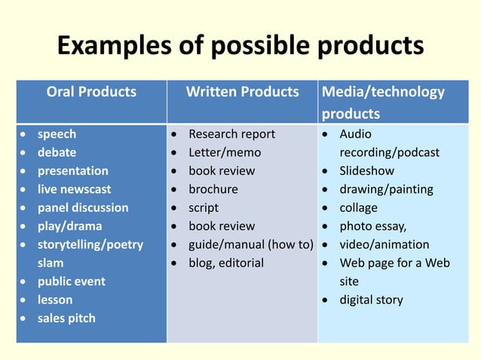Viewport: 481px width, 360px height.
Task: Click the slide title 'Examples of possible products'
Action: click(240, 46)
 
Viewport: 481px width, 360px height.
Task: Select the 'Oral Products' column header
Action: click(91, 93)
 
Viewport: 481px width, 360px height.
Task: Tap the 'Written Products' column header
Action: click(242, 93)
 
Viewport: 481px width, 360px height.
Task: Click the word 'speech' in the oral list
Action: click(57, 134)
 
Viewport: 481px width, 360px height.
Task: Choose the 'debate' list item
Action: click(57, 152)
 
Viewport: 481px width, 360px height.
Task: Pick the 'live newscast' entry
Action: click(74, 189)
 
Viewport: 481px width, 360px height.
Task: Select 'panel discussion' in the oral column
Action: click(83, 207)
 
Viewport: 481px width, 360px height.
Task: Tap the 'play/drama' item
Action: click(69, 226)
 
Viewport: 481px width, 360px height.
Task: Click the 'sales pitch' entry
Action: click(66, 318)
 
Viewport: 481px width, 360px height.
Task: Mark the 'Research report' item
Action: click(231, 134)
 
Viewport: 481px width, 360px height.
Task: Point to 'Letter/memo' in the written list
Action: click(224, 152)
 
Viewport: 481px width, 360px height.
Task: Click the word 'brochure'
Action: click(213, 189)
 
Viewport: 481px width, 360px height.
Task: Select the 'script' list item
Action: click(204, 207)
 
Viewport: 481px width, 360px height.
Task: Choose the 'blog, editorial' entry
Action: click(226, 263)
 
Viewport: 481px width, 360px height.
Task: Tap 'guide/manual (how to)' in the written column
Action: click(250, 244)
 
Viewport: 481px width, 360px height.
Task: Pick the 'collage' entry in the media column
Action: click(358, 207)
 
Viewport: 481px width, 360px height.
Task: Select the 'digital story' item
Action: click(371, 300)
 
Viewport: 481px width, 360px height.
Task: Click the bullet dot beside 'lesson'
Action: click(26, 300)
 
